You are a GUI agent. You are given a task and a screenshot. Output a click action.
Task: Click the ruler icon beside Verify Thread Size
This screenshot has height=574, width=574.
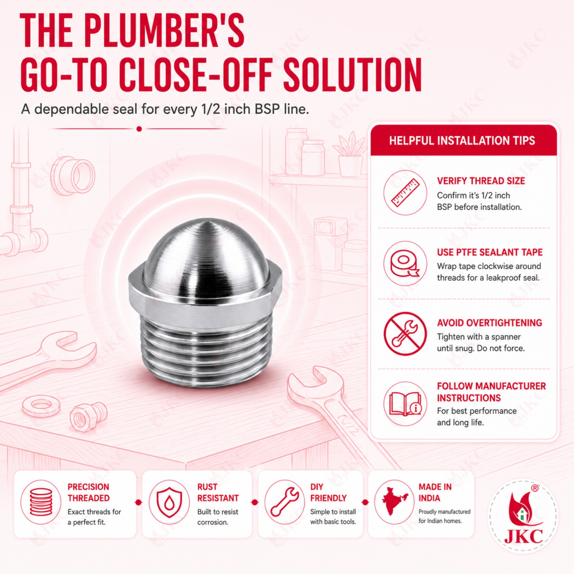(405, 193)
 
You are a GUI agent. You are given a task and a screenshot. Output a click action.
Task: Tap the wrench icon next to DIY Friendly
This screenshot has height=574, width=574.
(284, 502)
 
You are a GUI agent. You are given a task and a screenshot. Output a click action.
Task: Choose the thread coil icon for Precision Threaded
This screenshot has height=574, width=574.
(41, 502)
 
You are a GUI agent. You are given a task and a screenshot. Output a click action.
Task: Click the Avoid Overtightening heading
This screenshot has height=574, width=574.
(489, 323)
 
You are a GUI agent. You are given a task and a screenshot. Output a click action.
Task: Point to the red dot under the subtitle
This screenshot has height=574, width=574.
(139, 129)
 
